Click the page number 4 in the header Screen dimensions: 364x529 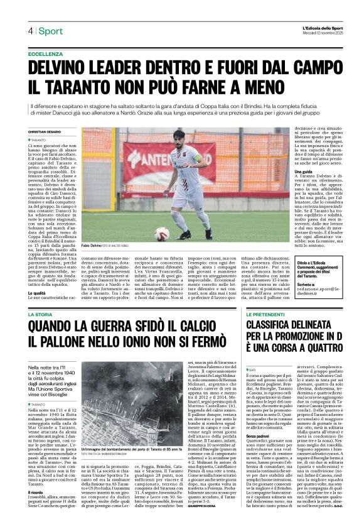pos(30,31)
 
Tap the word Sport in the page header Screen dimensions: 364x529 pos(50,31)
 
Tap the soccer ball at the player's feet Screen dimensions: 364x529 pos(161,233)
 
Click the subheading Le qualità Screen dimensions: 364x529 pos(36,293)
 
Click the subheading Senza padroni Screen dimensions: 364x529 pos(259,435)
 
